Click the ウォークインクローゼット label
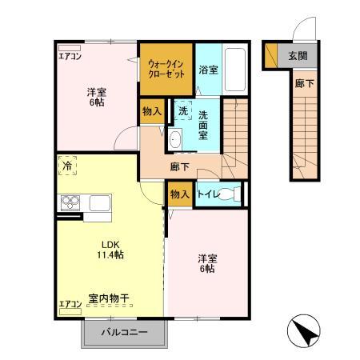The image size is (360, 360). pos(167,67)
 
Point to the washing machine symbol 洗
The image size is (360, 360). pos(183,110)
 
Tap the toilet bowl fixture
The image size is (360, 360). pos(230,194)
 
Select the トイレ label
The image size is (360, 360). pos(210,194)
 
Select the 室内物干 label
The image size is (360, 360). pos(110,298)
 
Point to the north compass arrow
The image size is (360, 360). pos(304,331)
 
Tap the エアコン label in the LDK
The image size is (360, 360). pos(70,303)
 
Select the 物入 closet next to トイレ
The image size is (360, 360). pos(179,194)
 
